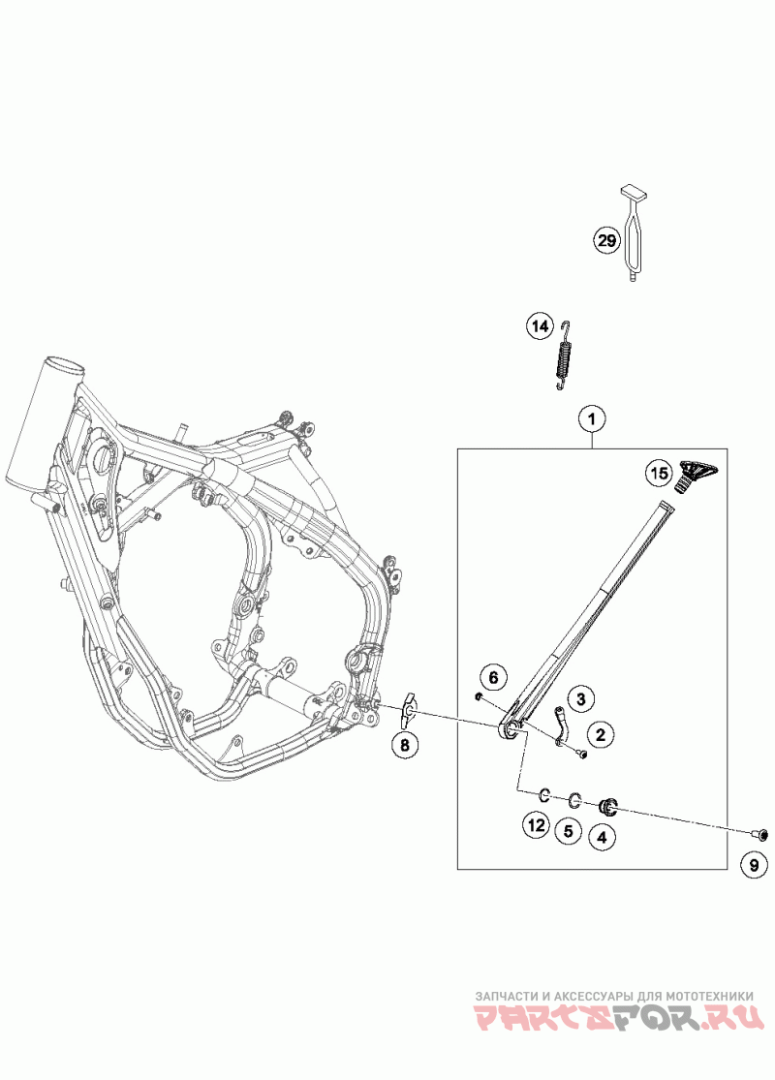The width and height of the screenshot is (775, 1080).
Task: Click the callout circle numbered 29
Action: pos(606,240)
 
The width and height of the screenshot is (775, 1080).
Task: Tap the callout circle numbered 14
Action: pos(539,326)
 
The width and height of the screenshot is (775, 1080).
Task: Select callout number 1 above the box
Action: pos(592,419)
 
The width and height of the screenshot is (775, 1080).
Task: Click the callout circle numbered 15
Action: pos(659,474)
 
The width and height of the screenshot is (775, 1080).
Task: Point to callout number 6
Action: pos(492,676)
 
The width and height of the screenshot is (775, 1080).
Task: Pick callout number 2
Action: pos(601,736)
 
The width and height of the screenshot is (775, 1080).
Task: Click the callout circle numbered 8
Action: pos(406,744)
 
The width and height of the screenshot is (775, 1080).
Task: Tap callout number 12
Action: pos(536,825)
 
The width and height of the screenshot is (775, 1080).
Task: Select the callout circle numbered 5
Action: pos(569,830)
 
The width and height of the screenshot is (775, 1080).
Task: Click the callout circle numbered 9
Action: pos(755,864)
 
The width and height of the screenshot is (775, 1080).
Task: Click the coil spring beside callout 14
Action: pos(563,356)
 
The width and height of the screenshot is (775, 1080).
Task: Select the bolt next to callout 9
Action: pos(760,833)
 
